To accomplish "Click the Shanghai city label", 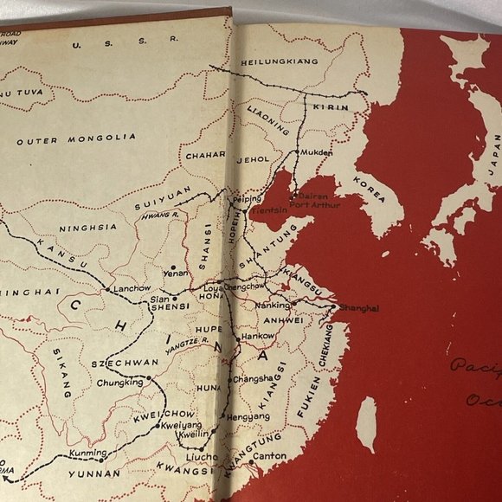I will coord(358,308).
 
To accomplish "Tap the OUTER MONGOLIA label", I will coord(76,138).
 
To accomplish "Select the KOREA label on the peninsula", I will coord(370,190).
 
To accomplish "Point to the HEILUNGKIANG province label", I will coord(280,61).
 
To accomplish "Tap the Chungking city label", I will coord(119,382).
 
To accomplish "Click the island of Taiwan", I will coord(367,423).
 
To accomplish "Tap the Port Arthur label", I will coord(315,205).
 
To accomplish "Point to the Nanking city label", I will coord(273,306).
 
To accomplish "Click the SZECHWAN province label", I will coord(110,364).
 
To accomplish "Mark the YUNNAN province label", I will coord(97,474).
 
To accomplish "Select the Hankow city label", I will coord(258,335).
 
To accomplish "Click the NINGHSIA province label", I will coord(87,228).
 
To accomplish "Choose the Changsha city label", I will coord(254,377).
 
